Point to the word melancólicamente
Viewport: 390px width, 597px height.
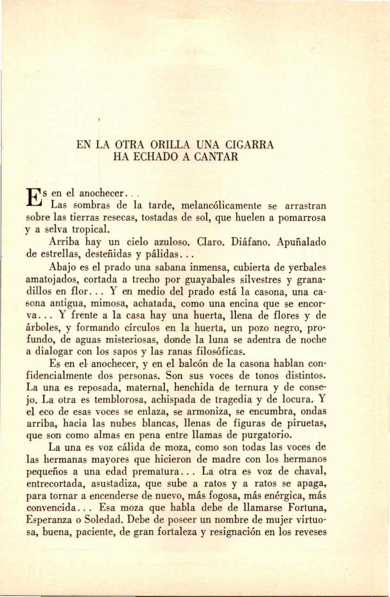[217, 205]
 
